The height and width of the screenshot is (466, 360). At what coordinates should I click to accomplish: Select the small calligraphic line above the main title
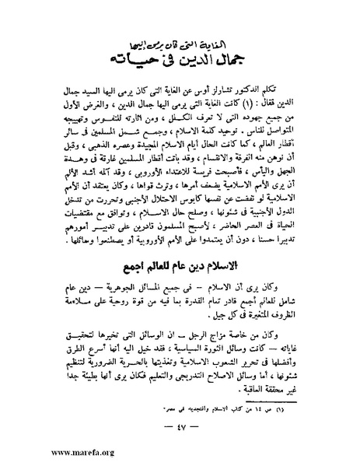point(193,45)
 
